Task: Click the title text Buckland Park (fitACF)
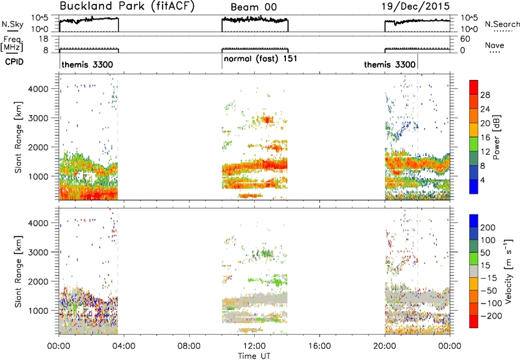[127, 6]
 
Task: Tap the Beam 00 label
[253, 7]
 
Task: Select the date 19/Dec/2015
[415, 6]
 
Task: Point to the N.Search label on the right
[502, 24]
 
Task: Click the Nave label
[494, 45]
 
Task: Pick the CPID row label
[14, 62]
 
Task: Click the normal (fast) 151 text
[261, 58]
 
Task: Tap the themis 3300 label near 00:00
[87, 64]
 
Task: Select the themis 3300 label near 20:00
[389, 64]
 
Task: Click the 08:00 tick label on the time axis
[188, 346]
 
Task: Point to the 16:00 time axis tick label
[319, 346]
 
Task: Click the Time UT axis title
[254, 356]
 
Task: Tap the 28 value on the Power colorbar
[485, 95]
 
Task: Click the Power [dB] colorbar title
[497, 137]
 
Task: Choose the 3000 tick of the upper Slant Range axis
[39, 118]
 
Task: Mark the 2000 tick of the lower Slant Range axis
[39, 281]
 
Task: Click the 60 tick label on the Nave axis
[465, 39]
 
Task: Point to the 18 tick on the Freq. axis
[44, 39]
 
